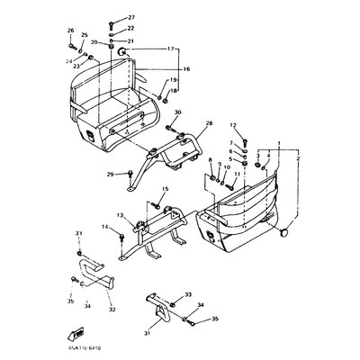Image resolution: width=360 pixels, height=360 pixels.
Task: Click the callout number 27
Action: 131,18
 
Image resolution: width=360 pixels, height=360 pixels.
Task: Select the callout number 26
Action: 70,31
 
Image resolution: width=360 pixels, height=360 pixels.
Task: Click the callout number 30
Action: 178,112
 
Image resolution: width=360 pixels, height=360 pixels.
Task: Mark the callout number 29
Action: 136,174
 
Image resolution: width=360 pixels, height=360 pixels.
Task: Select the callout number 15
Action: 165,189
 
